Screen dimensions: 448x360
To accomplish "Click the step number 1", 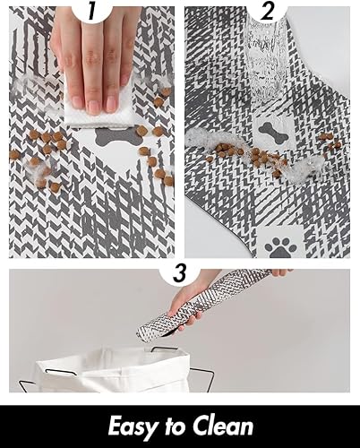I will pos(92,13).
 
